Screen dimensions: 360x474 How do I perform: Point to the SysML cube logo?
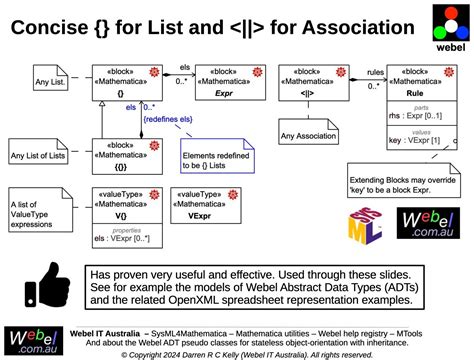[365, 229]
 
